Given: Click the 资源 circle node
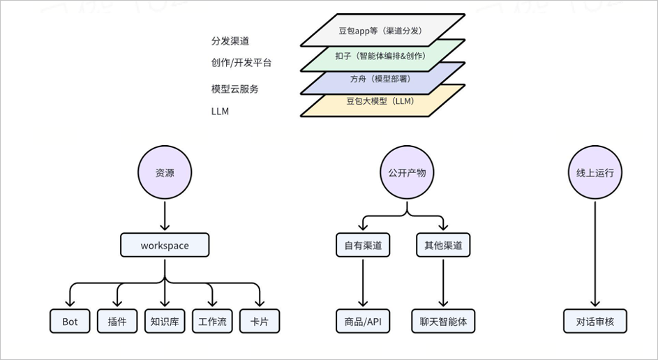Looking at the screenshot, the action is pyautogui.click(x=165, y=172).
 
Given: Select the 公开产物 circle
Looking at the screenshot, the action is pyautogui.click(x=407, y=172).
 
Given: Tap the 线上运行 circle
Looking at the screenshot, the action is pyautogui.click(x=595, y=172).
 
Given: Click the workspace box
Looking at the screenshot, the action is pyautogui.click(x=165, y=245).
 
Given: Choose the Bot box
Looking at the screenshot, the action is pyautogui.click(x=70, y=322).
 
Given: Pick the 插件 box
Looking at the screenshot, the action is pyautogui.click(x=117, y=322).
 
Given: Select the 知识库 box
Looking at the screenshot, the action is pyautogui.click(x=165, y=322).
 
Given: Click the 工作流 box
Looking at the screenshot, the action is pyautogui.click(x=212, y=322).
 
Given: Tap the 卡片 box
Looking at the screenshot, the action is pyautogui.click(x=260, y=322).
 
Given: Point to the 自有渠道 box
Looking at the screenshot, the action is pyautogui.click(x=363, y=245).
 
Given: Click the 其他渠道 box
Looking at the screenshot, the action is pyautogui.click(x=443, y=245).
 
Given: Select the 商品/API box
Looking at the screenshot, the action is pyautogui.click(x=363, y=322).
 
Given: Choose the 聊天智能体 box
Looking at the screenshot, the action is pyautogui.click(x=443, y=322).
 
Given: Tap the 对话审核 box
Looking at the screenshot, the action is pyautogui.click(x=595, y=322).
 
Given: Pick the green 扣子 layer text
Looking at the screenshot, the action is pyautogui.click(x=380, y=56).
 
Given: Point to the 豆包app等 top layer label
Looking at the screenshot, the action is pyautogui.click(x=380, y=31).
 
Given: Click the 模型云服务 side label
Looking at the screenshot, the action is pyautogui.click(x=234, y=89).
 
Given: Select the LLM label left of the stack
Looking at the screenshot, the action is pyautogui.click(x=220, y=111).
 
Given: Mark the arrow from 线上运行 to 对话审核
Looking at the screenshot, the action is pyautogui.click(x=595, y=254).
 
